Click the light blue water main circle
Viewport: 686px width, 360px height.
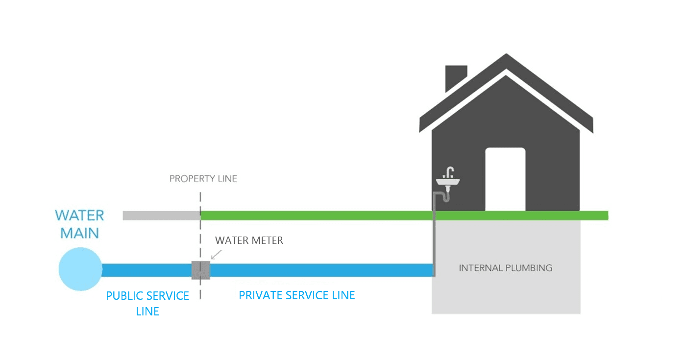pyautogui.click(x=80, y=269)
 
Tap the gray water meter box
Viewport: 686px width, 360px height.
pyautogui.click(x=201, y=270)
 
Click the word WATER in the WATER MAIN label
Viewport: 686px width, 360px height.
pyautogui.click(x=79, y=216)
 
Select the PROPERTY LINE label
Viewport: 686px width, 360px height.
pyautogui.click(x=203, y=179)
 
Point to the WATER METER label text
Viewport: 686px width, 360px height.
pyautogui.click(x=249, y=240)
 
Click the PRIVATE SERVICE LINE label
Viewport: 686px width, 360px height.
pyautogui.click(x=296, y=295)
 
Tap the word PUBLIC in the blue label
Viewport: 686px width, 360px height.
pyautogui.click(x=126, y=296)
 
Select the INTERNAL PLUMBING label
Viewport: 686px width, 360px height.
pyautogui.click(x=505, y=268)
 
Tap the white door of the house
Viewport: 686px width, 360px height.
pyautogui.click(x=505, y=179)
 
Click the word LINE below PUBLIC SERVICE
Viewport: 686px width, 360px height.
pyautogui.click(x=147, y=312)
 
